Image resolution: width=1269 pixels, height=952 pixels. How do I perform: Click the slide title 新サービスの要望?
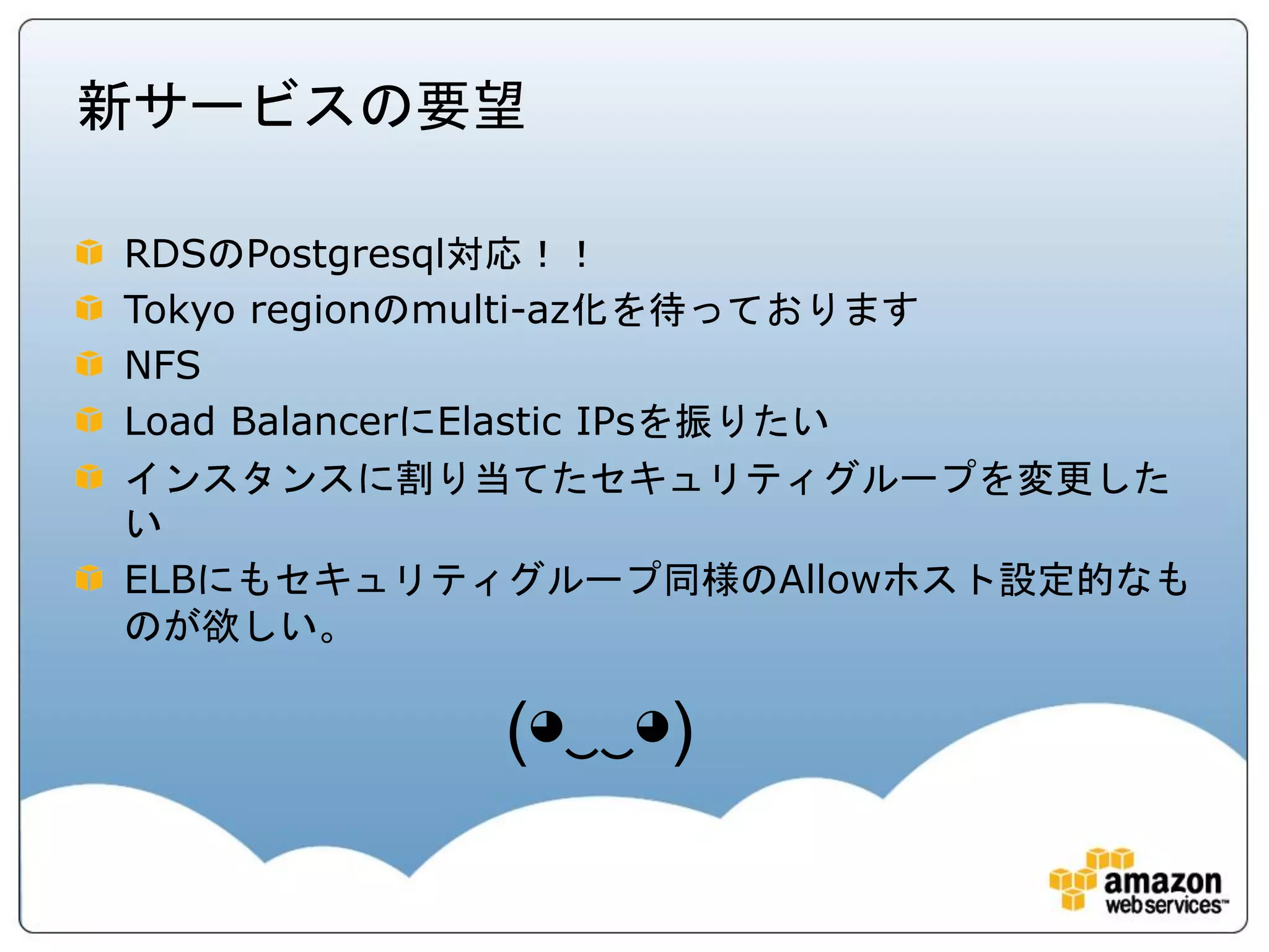pos(301,107)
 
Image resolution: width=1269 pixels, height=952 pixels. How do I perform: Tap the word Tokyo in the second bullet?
pos(180,310)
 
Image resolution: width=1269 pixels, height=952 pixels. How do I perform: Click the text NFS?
pos(162,365)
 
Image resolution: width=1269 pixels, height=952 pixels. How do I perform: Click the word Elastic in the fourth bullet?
pos(499,421)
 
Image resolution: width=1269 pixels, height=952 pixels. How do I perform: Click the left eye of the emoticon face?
pos(547,726)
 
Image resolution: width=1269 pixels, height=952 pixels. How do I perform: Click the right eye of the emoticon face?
pos(652,726)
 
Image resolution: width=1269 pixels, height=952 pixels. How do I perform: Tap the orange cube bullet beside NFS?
pos(89,364)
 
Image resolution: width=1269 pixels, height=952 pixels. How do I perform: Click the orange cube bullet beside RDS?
pos(89,252)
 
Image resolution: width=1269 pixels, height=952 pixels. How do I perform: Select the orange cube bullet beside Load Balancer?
pos(89,420)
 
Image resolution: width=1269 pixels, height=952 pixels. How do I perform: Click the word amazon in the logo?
pos(1162,881)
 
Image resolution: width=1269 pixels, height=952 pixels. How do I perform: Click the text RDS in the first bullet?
pos(165,255)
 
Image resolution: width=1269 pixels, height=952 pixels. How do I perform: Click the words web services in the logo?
pos(1165,906)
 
